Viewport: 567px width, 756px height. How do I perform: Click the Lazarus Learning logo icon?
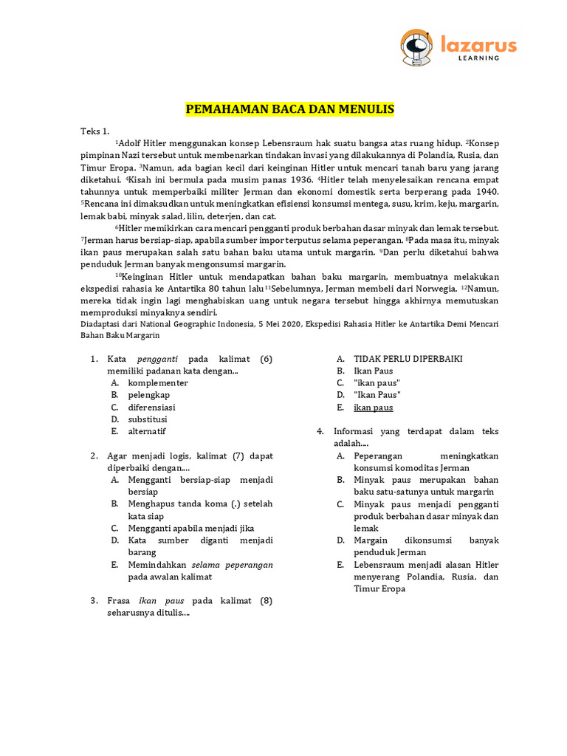[415, 47]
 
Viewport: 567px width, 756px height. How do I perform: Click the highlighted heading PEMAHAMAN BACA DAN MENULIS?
[289, 110]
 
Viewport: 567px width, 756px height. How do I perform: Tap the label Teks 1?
[94, 131]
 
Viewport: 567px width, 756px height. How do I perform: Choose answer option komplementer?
[157, 383]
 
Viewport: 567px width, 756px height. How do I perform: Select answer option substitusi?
[147, 419]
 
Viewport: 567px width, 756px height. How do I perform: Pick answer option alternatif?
[147, 431]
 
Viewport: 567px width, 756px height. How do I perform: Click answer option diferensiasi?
[151, 408]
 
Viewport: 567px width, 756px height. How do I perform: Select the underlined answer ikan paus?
[374, 408]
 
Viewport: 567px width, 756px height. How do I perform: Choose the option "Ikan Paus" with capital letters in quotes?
[377, 396]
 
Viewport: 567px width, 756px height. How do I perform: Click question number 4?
[320, 432]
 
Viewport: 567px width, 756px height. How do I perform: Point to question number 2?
[94, 456]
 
